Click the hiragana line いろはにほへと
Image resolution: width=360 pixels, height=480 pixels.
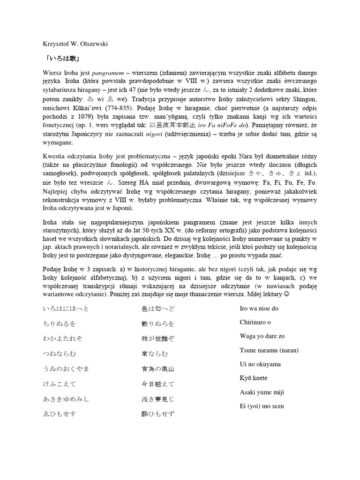(x=65, y=309)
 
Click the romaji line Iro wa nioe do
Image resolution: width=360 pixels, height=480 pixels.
(x=259, y=308)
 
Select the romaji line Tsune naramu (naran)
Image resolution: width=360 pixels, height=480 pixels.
(x=269, y=350)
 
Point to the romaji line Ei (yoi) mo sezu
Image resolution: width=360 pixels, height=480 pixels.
(x=262, y=406)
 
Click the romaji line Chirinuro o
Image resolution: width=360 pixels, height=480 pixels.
(x=255, y=322)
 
